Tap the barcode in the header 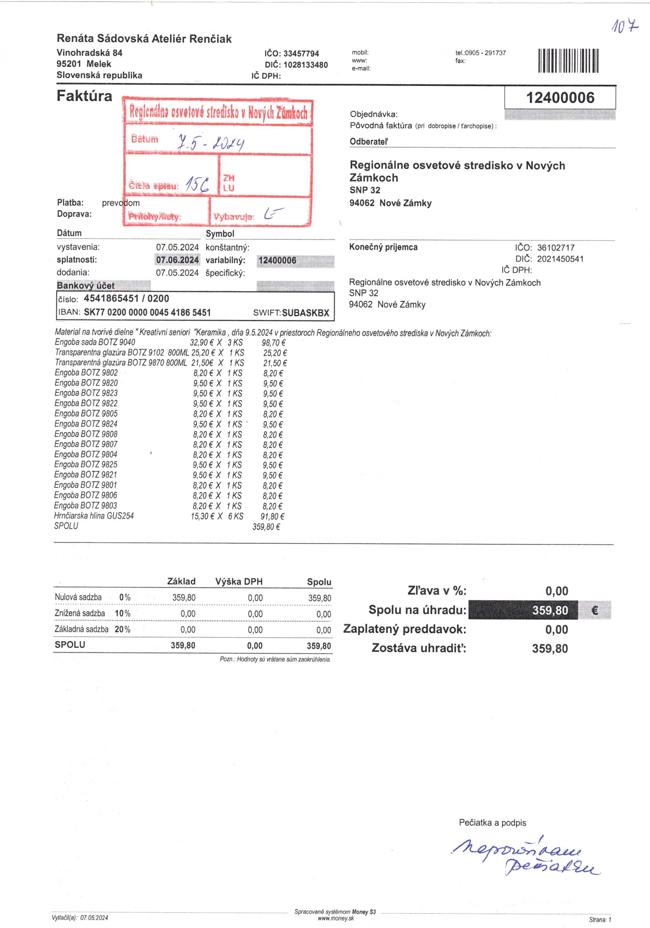click(x=569, y=61)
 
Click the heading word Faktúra click(x=84, y=96)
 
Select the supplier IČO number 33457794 click(x=301, y=54)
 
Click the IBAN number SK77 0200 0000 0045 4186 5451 click(x=147, y=312)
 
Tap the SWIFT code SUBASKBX click(x=305, y=313)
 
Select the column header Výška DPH click(x=239, y=582)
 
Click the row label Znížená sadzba click(x=80, y=613)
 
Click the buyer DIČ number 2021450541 click(x=560, y=259)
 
